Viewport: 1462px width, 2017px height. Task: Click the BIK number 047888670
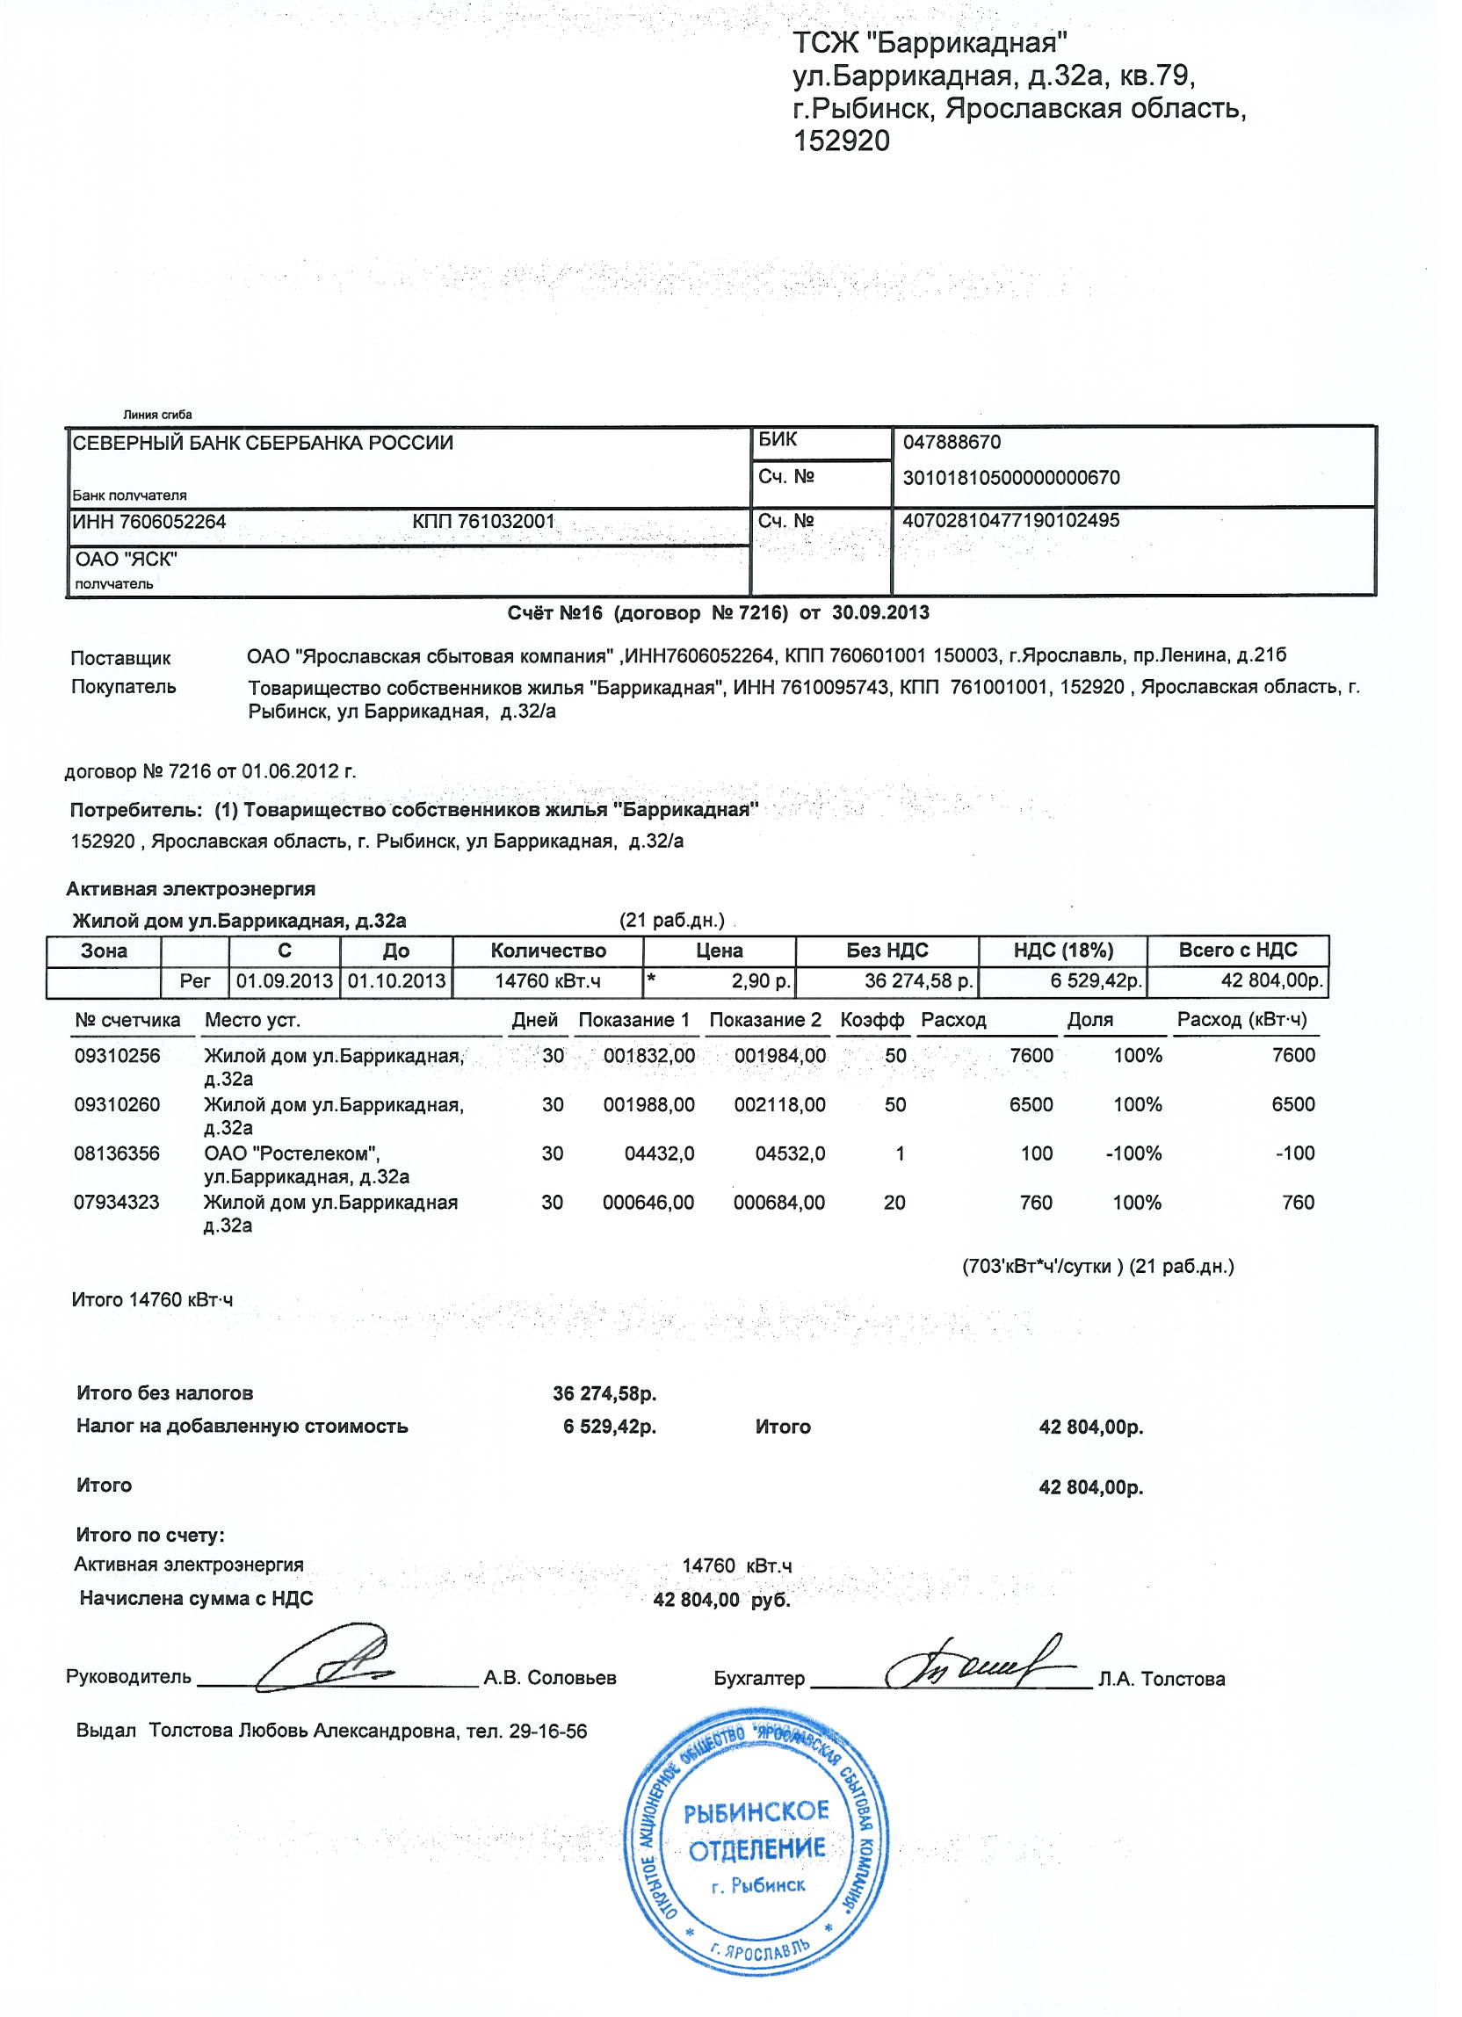[x=951, y=442]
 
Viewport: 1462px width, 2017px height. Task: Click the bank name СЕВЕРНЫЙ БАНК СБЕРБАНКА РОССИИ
[x=263, y=443]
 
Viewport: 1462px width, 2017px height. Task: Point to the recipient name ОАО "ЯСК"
[x=127, y=560]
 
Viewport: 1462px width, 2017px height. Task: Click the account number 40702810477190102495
[x=1010, y=520]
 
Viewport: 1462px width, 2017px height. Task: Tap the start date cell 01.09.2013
[x=285, y=981]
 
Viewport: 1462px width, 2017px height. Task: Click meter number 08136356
[x=118, y=1153]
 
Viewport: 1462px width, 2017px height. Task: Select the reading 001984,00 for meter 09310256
[x=779, y=1056]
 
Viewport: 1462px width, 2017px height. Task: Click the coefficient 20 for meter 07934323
[x=894, y=1203]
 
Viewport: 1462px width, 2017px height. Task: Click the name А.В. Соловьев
[x=550, y=1678]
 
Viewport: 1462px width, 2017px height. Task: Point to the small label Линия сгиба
[x=157, y=415]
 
